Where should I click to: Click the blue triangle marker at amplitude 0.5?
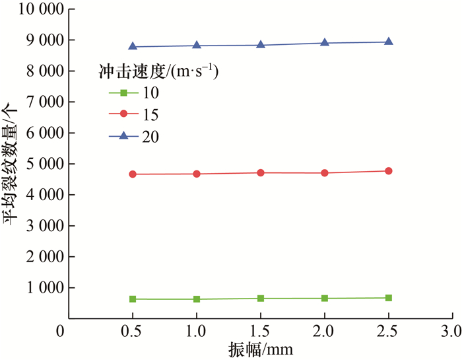point(133,46)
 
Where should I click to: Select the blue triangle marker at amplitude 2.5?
point(389,41)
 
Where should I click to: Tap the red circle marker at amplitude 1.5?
point(261,172)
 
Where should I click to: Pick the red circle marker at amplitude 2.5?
point(389,171)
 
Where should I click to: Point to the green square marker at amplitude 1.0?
point(197,299)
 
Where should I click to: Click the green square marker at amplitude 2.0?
point(325,298)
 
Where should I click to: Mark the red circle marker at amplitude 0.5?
point(133,174)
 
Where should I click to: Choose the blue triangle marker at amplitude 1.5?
point(261,45)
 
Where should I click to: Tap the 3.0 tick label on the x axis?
point(452,329)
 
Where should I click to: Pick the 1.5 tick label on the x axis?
point(261,329)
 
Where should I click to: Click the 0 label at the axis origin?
point(60,329)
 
